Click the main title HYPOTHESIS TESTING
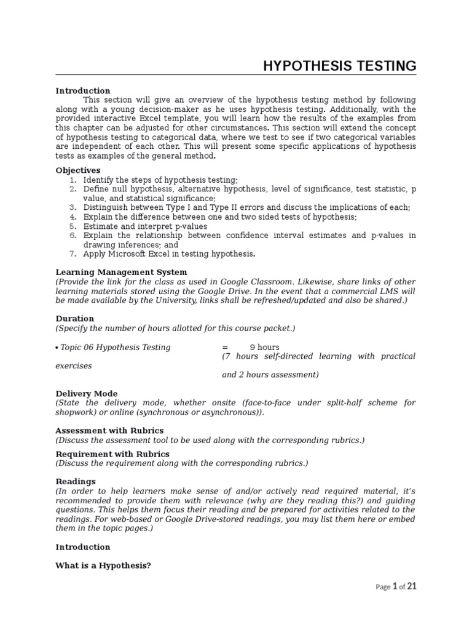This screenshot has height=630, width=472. tap(339, 66)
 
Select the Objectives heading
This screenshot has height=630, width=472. tap(78, 170)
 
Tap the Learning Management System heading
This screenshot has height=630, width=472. tap(121, 272)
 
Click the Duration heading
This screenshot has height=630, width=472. tap(75, 319)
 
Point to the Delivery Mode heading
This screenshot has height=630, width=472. tap(87, 393)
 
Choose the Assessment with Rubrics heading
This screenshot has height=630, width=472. tap(109, 431)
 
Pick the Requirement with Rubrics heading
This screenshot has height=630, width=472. tap(112, 453)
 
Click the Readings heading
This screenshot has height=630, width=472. tap(76, 481)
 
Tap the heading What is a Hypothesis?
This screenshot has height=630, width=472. tap(103, 565)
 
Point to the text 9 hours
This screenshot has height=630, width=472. tap(264, 347)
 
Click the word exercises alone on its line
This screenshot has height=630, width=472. tap(74, 365)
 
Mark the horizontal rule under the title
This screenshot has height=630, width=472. tap(235, 76)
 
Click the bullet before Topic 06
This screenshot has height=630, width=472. tap(57, 348)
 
